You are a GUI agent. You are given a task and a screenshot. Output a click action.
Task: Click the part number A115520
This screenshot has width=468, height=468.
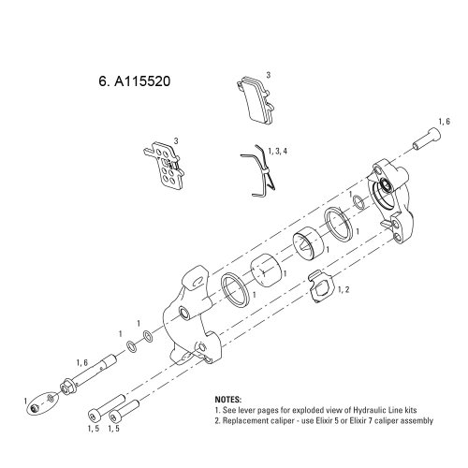pyautogui.click(x=142, y=81)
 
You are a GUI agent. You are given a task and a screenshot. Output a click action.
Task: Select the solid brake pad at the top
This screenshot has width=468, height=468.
pyautogui.click(x=255, y=101)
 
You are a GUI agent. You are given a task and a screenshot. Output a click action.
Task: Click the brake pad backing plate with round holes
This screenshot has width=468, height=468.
pyautogui.click(x=164, y=166)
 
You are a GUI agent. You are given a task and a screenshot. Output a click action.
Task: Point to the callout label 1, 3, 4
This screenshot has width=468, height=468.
pyautogui.click(x=278, y=152)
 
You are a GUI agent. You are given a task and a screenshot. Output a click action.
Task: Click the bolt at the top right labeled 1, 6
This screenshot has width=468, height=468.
pyautogui.click(x=427, y=139)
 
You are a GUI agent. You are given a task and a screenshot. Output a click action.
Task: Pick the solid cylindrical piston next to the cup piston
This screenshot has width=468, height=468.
pyautogui.click(x=266, y=271)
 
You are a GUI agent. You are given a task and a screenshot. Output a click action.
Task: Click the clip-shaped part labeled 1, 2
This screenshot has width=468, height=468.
pyautogui.click(x=321, y=286)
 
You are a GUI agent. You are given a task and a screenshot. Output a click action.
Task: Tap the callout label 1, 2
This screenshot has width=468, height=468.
pyautogui.click(x=344, y=290)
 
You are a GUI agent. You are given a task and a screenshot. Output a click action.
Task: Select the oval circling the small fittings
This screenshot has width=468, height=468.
pyautogui.click(x=42, y=402)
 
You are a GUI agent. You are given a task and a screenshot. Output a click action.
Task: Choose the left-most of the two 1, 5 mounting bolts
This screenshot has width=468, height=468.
pyautogui.click(x=107, y=406)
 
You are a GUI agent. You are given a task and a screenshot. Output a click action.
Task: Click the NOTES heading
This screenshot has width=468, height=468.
pyautogui.click(x=228, y=400)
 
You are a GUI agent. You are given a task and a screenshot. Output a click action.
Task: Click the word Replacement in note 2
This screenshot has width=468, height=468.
pyautogui.click(x=243, y=420)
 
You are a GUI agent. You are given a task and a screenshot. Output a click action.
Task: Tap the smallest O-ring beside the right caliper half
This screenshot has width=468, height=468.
pyautogui.click(x=358, y=201)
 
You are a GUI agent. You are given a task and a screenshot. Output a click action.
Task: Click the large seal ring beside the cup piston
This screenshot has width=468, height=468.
pyautogui.click(x=338, y=224)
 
